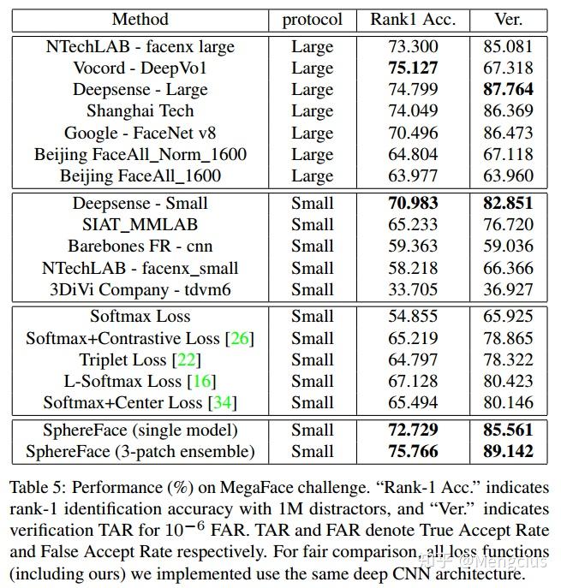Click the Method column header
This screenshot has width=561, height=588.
[x=140, y=19]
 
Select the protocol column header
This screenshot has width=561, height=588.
[x=313, y=19]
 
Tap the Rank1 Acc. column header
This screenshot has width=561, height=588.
[x=413, y=19]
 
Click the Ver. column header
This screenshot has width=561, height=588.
[x=509, y=19]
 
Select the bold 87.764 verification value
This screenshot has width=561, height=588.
[x=509, y=90]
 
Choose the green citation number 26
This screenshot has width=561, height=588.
[x=240, y=339]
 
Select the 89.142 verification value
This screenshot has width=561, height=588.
[x=509, y=452]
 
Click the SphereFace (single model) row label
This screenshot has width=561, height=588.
[x=140, y=431]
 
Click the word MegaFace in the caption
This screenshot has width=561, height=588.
[x=255, y=488]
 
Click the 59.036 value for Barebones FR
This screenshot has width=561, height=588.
[x=509, y=246]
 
